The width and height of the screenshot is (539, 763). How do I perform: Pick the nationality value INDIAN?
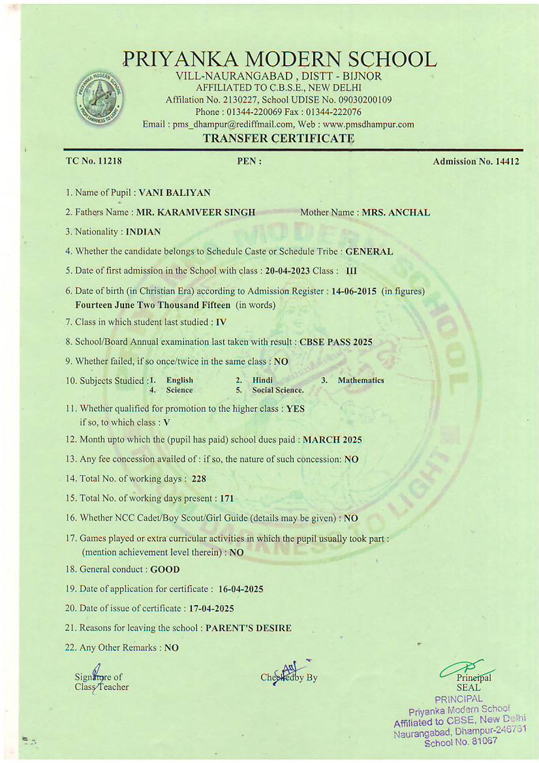click(143, 232)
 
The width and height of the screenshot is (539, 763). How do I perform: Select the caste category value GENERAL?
click(369, 251)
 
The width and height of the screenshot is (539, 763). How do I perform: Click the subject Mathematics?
click(361, 380)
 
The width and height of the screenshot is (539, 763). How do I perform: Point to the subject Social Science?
click(278, 390)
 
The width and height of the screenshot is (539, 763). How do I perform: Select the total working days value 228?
click(199, 478)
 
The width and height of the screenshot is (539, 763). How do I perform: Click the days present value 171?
click(226, 498)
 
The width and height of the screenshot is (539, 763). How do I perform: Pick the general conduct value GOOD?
click(165, 569)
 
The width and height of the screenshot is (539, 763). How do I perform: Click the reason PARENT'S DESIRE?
click(249, 628)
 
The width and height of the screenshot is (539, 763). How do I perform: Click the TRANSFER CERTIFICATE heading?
click(279, 138)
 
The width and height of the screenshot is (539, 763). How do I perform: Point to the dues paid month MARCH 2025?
click(332, 439)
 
